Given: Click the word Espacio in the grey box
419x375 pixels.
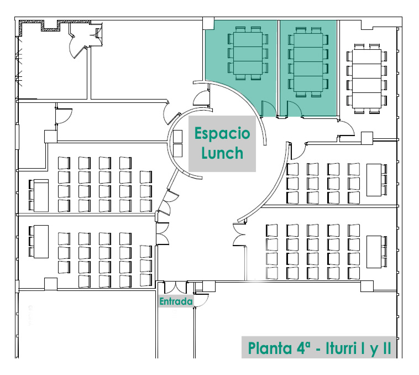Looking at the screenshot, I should (x=222, y=134).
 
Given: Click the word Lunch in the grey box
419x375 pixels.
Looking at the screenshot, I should (x=222, y=152).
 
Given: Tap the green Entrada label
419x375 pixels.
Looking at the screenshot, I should (x=175, y=302).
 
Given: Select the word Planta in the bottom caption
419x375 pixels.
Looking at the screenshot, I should (x=271, y=349).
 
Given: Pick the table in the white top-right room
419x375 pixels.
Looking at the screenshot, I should (x=365, y=78).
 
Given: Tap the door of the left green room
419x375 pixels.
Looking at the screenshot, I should (x=268, y=109).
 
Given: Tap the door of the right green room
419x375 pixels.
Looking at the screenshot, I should (x=294, y=110).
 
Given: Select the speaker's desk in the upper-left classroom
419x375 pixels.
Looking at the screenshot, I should (x=41, y=194).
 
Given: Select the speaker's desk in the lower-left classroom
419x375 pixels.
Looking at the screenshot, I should (x=41, y=241).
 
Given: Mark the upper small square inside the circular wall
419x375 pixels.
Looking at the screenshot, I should (x=178, y=136).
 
